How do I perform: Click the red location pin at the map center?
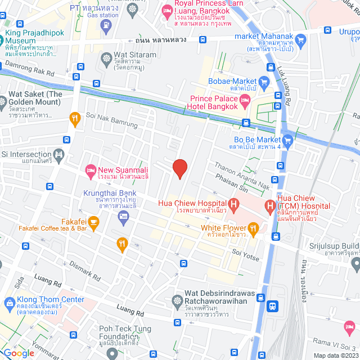click(179, 168)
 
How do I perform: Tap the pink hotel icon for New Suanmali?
click(90, 169)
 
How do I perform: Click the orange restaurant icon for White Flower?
click(253, 228)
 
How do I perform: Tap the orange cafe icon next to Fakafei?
click(93, 222)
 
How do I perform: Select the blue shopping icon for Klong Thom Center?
click(9, 303)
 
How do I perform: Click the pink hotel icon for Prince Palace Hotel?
click(244, 102)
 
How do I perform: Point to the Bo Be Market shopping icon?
click(288, 139)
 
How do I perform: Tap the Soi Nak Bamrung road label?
click(112, 123)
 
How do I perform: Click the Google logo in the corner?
click(19, 353)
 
